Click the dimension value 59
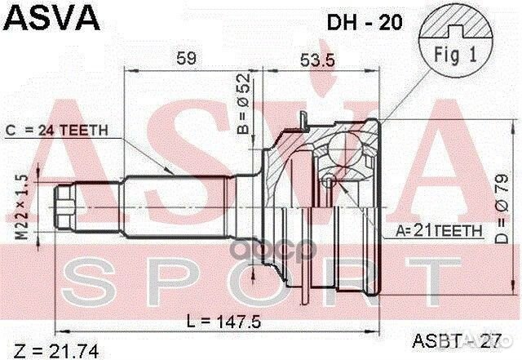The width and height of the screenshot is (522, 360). coord(187,58)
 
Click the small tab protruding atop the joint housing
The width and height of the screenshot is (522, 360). coord(303,122)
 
